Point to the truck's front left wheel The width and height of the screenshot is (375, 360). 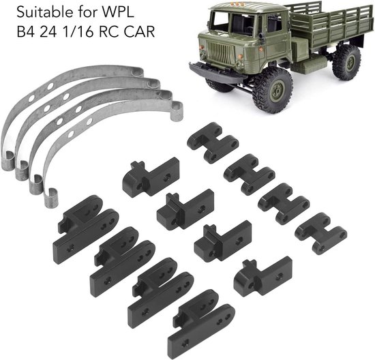[x=275, y=90]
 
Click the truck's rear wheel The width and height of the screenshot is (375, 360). [x=346, y=62]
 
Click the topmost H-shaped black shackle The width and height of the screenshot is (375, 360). [x=212, y=142]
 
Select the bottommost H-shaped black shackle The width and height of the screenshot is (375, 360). [x=321, y=233]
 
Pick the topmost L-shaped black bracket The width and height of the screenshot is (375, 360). [x=151, y=177]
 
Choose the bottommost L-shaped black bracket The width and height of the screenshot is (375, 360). [x=262, y=276]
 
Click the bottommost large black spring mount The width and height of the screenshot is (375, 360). [x=201, y=325]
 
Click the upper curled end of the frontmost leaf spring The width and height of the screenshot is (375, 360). [x=177, y=111]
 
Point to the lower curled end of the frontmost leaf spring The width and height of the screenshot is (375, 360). [x=50, y=197]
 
